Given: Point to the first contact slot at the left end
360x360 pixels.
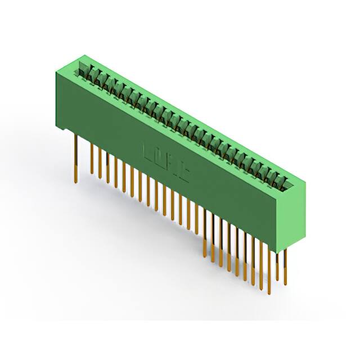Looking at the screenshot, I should tap(83, 71).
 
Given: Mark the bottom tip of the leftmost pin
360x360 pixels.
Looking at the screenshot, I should tap(75, 181).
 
